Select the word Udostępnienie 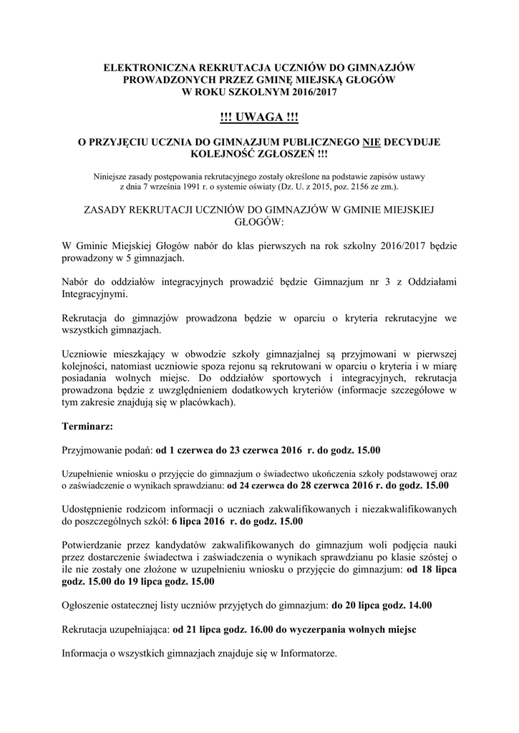coord(97,509)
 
